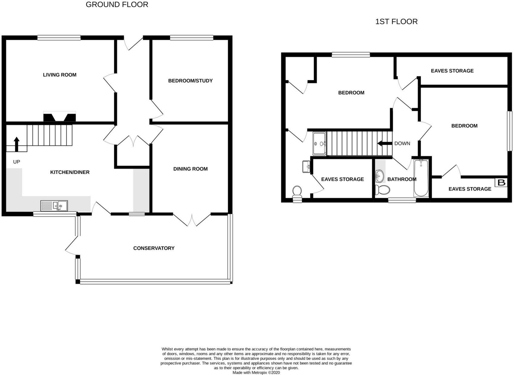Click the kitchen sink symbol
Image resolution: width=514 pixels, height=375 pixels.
pyautogui.click(x=54, y=206)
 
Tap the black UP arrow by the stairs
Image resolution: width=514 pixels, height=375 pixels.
pyautogui.click(x=17, y=144)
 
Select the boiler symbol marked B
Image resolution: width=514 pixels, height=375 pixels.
pyautogui.click(x=501, y=183)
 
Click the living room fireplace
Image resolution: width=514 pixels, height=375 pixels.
pyautogui.click(x=60, y=117)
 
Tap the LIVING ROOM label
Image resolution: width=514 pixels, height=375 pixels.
pyautogui.click(x=60, y=75)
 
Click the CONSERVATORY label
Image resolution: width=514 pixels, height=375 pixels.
pyautogui.click(x=154, y=248)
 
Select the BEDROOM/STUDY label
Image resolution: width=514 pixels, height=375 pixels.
pyautogui.click(x=190, y=80)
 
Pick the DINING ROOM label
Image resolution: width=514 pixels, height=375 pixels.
pyautogui.click(x=190, y=169)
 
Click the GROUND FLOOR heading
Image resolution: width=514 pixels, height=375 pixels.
pyautogui.click(x=117, y=5)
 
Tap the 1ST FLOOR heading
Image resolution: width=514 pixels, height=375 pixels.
pyautogui.click(x=396, y=21)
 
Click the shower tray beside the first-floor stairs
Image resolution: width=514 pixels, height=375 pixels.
pyautogui.click(x=319, y=143)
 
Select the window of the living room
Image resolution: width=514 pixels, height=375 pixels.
pyautogui.click(x=59, y=37)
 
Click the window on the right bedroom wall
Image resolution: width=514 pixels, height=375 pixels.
pyautogui.click(x=510, y=131)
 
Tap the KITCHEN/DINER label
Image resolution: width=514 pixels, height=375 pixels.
pyautogui.click(x=70, y=172)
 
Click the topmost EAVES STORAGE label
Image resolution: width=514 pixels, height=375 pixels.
pyautogui.click(x=452, y=71)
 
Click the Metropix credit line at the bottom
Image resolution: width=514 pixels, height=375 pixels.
pyautogui.click(x=256, y=373)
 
